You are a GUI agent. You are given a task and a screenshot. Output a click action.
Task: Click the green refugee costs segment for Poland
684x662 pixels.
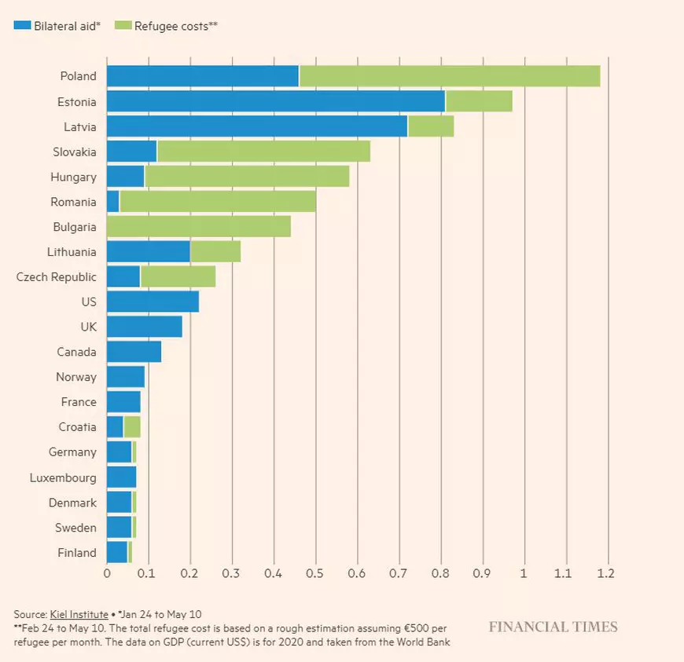point(449,76)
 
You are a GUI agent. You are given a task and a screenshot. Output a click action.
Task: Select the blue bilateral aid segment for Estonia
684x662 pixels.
point(275,101)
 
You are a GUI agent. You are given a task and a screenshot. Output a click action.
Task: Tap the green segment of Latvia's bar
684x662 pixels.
point(431,126)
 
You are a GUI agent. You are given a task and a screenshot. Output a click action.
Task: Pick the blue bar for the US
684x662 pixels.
point(153,302)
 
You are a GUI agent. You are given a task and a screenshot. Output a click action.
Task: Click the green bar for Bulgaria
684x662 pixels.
point(199,227)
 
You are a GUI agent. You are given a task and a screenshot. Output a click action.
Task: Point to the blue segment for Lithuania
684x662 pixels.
point(148,252)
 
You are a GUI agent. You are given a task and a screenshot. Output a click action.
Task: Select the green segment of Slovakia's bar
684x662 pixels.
point(263,152)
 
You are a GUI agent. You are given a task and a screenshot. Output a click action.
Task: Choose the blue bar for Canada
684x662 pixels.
point(134,352)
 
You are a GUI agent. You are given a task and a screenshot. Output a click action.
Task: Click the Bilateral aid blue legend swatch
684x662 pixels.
point(22,25)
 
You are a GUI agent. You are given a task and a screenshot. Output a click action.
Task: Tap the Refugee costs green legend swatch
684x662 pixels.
point(123,25)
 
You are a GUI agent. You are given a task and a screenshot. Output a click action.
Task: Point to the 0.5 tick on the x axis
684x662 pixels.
point(315,574)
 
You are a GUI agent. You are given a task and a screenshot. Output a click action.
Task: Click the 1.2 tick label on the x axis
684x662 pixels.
point(605,574)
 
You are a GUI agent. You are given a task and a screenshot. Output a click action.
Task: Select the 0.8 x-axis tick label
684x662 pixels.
point(440,574)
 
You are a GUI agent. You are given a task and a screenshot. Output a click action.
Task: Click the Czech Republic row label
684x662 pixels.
point(57,277)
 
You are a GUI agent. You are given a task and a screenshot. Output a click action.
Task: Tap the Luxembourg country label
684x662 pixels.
point(63,477)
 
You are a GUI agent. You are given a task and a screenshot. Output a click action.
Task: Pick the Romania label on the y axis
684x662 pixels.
point(73,202)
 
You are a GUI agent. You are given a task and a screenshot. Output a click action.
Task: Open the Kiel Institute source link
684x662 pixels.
point(79,613)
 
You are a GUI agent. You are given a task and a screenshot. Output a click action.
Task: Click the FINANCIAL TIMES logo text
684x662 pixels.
point(553,627)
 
